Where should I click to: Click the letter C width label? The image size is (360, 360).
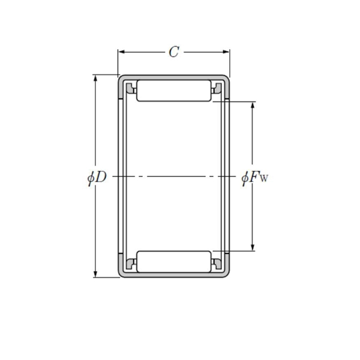[x=173, y=52]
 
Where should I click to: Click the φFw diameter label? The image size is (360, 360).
[x=254, y=177]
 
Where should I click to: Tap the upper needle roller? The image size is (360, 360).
[x=174, y=90]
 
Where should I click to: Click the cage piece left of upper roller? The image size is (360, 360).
[x=129, y=90]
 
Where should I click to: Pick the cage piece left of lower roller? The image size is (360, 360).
[x=129, y=262]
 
